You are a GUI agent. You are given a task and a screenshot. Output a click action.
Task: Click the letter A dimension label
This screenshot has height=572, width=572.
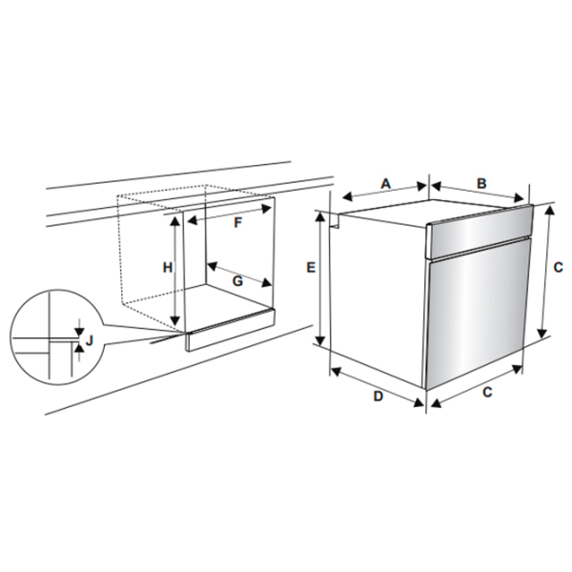386,183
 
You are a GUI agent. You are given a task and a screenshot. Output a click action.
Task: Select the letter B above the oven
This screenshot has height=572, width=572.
481,183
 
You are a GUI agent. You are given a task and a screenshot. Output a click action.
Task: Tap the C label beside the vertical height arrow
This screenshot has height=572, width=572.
558,267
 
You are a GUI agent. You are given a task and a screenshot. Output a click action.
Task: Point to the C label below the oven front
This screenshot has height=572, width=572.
487,392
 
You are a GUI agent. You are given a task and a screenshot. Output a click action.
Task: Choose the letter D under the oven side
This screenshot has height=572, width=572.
378,396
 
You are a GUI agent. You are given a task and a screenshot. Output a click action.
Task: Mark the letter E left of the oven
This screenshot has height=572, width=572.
311,267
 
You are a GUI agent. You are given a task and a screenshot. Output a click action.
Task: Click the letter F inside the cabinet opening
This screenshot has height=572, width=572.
237,222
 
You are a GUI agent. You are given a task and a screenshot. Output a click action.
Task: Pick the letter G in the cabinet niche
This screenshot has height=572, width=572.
237,281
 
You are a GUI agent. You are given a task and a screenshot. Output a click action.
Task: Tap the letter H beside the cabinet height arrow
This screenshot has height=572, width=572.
168,267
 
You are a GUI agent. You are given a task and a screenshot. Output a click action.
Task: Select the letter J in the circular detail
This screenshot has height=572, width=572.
90,340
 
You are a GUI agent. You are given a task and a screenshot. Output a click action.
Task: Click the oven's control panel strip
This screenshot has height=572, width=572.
480,231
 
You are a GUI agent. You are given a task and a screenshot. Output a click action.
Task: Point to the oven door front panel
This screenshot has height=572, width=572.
479,313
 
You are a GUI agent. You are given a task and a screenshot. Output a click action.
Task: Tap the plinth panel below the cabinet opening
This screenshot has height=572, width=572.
231,330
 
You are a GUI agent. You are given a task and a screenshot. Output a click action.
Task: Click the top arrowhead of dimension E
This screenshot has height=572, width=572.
320,216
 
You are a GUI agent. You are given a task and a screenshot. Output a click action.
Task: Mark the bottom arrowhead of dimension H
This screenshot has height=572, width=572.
175,320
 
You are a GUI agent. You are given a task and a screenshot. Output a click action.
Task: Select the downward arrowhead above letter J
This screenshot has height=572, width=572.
79,332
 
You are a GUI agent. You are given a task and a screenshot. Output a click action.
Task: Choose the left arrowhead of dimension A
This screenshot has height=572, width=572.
347,196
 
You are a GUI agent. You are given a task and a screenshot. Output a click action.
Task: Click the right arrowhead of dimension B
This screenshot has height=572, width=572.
519,198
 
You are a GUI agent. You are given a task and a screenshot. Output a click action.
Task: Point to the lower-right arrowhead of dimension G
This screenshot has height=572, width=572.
266,282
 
